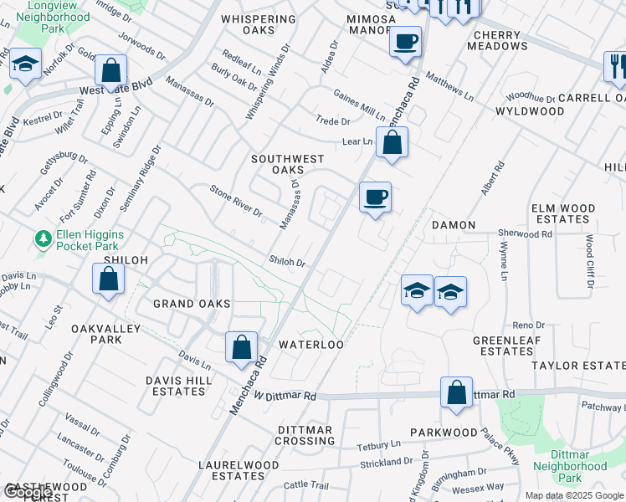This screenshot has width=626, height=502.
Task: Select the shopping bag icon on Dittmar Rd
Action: pos(456,393)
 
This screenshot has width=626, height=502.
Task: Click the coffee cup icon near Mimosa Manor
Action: pos(405,41)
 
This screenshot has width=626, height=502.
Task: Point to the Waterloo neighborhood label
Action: pos(311,345)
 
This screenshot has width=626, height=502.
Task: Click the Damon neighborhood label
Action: pos(454,226)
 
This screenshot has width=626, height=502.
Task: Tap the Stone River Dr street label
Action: pos(235,200)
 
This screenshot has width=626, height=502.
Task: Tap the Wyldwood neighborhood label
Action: pos(530,111)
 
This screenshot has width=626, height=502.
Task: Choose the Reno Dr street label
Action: pos(528,325)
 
